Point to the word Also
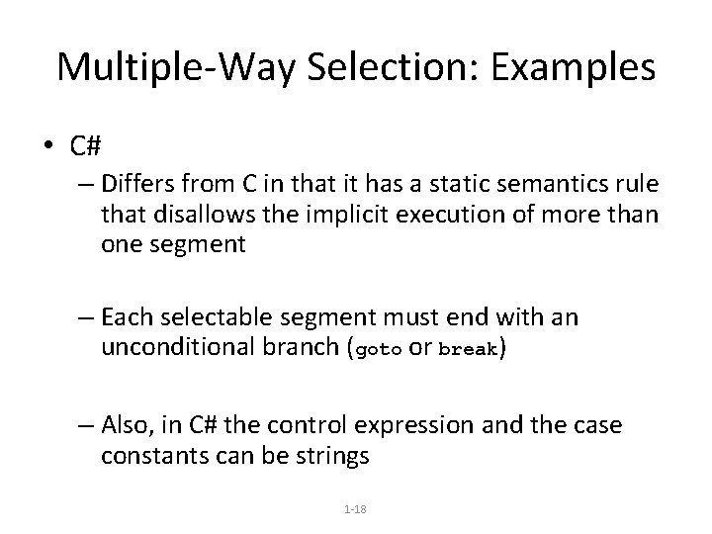coord(123,425)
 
